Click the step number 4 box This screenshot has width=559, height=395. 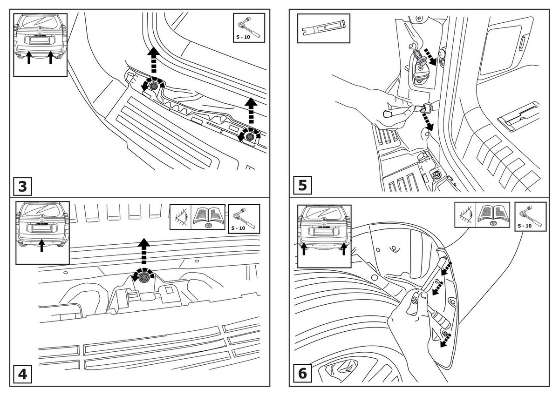[22, 375]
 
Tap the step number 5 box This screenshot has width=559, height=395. [302, 186]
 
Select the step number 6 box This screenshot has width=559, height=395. [302, 374]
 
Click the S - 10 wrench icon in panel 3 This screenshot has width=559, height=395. [249, 27]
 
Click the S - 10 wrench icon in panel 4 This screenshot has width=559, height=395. [244, 219]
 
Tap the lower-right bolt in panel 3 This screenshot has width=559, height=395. [250, 136]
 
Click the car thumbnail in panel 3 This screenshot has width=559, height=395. [40, 44]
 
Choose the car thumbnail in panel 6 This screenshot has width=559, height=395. [323, 234]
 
